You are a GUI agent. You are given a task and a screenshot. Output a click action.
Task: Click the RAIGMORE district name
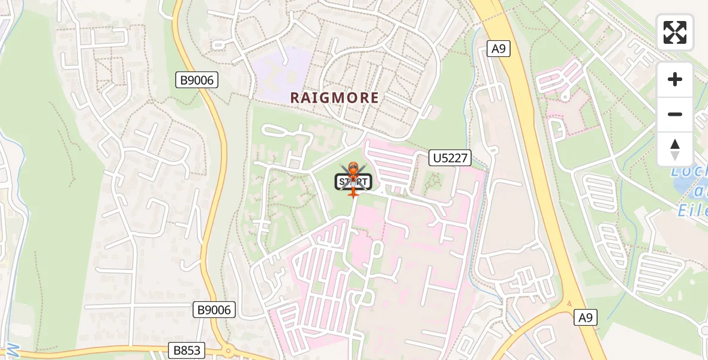[x=334, y=98]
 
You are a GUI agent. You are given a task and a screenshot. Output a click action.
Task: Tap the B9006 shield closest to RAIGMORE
[x=195, y=80]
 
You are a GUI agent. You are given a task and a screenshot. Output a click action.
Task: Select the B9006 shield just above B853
[x=214, y=310]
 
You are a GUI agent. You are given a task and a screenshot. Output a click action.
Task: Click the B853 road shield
[x=187, y=350]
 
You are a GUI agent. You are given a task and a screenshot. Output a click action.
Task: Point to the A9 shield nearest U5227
[x=497, y=49]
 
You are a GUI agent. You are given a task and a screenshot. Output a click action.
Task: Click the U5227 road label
[x=450, y=158]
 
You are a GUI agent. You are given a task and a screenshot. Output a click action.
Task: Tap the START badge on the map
[x=353, y=181]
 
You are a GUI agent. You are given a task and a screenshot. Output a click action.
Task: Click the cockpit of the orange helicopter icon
[x=353, y=169]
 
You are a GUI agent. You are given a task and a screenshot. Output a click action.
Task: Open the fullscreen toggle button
[x=675, y=32]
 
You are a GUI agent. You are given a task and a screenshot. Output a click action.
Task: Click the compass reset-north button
[x=675, y=149]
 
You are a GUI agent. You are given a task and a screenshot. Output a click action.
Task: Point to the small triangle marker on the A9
[x=569, y=303]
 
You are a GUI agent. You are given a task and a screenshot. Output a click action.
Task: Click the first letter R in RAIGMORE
[x=296, y=98]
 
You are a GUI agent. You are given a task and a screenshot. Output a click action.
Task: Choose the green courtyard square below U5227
[x=433, y=180]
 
